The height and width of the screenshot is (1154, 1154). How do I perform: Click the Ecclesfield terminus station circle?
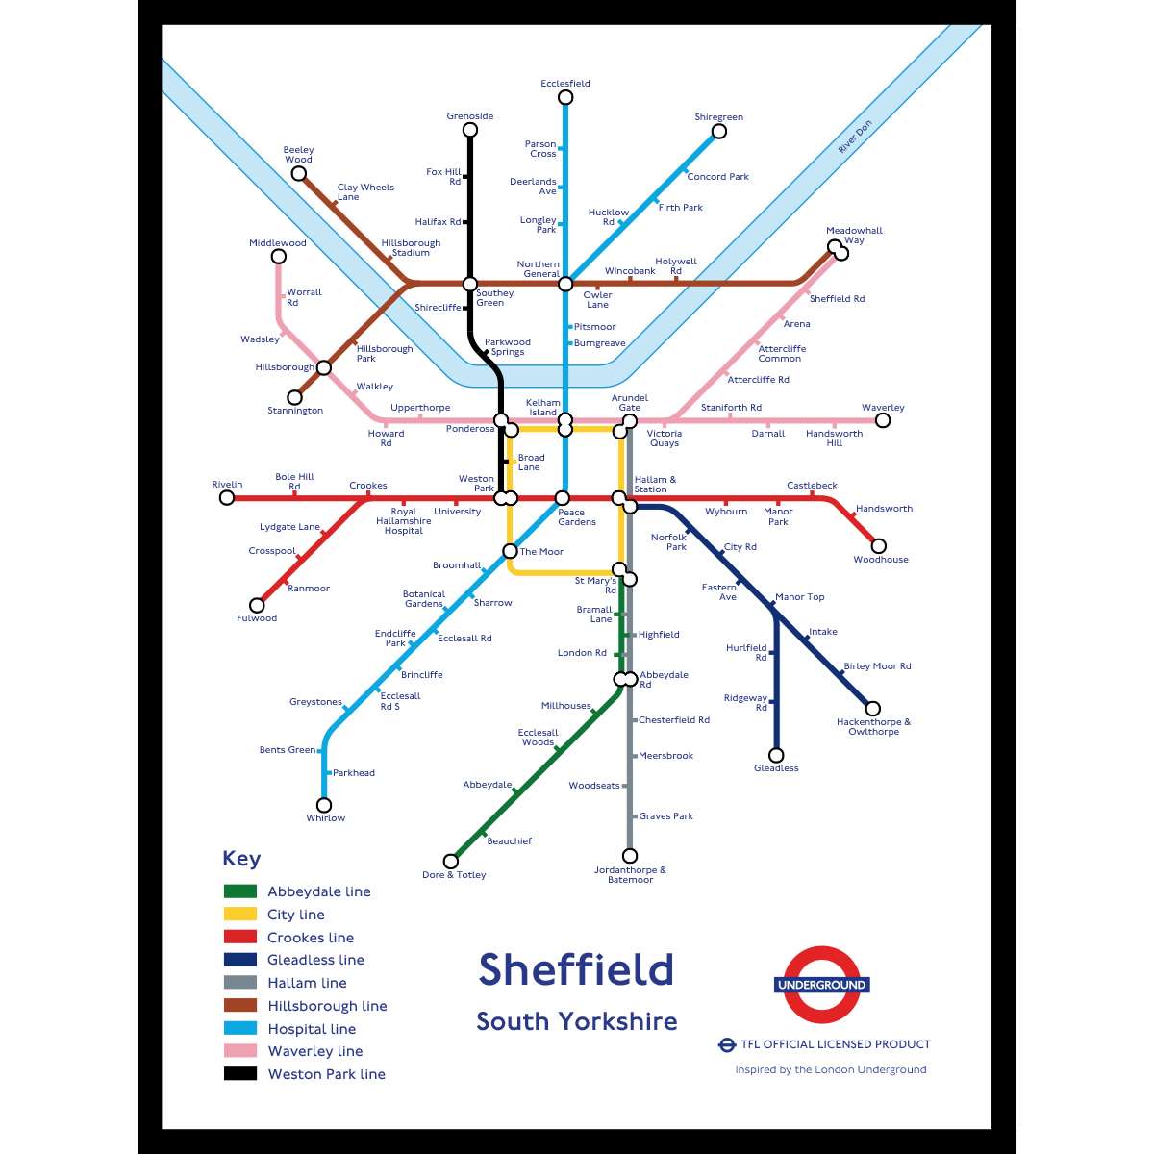pyautogui.click(x=565, y=97)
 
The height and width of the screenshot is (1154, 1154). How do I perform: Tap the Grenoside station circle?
pyautogui.click(x=470, y=130)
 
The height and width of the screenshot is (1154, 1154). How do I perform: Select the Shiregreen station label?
pyautogui.click(x=718, y=117)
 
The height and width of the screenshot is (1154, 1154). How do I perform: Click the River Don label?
pyautogui.click(x=854, y=137)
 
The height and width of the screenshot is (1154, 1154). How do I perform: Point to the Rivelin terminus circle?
pyautogui.click(x=227, y=497)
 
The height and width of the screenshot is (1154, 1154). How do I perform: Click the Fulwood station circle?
pyautogui.click(x=257, y=605)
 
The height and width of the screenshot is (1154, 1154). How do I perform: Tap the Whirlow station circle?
pyautogui.click(x=324, y=805)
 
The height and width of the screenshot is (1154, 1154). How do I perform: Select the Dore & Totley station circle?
pyautogui.click(x=450, y=861)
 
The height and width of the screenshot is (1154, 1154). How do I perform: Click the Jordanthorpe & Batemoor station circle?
pyautogui.click(x=630, y=856)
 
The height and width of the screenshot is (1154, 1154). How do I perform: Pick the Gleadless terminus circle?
pyautogui.click(x=776, y=755)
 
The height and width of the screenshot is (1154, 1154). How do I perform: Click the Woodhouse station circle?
pyautogui.click(x=877, y=546)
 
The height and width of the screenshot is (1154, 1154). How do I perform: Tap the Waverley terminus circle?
pyautogui.click(x=883, y=420)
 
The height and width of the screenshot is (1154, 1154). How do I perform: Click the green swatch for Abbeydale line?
pyautogui.click(x=240, y=891)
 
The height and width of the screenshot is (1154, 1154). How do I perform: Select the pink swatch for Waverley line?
pyautogui.click(x=240, y=1051)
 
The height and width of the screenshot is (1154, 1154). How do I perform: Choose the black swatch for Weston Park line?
pyautogui.click(x=240, y=1074)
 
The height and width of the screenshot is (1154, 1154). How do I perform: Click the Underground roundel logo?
pyautogui.click(x=822, y=985)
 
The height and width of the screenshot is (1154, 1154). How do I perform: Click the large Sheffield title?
pyautogui.click(x=576, y=969)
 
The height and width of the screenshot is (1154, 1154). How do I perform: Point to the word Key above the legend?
pyautogui.click(x=241, y=859)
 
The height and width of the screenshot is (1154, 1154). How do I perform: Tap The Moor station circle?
pyautogui.click(x=510, y=551)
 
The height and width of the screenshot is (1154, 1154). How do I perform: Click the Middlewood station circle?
pyautogui.click(x=278, y=257)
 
